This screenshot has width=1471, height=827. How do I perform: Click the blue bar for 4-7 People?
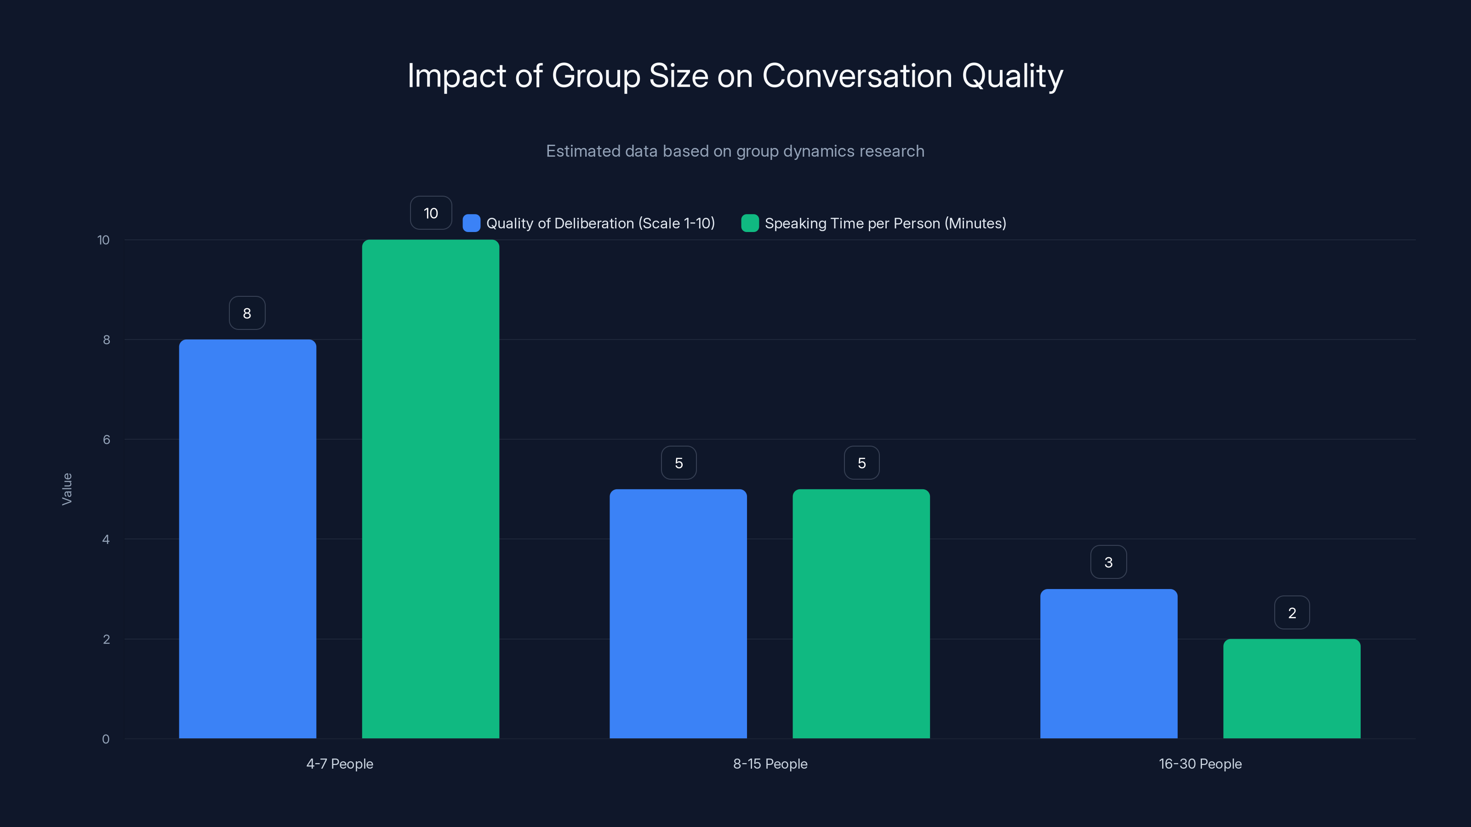[x=247, y=539]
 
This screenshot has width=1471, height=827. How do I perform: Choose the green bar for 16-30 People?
[x=1292, y=688]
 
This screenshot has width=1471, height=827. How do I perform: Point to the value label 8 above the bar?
[x=247, y=313]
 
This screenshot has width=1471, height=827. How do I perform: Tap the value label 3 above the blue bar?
[x=1108, y=562]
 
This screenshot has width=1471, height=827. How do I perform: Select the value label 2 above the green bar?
[x=1292, y=613]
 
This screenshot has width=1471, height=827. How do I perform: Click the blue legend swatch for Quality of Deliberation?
[x=471, y=223]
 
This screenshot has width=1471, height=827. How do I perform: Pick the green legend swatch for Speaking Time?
[x=750, y=223]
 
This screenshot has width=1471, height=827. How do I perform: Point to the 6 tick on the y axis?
[x=106, y=440]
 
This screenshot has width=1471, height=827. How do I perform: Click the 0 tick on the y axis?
[x=106, y=739]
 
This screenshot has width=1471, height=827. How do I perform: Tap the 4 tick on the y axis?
[x=106, y=539]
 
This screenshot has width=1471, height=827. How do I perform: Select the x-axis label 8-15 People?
[x=770, y=764]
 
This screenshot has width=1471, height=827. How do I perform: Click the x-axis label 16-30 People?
[x=1200, y=764]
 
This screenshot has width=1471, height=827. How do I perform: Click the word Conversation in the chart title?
[x=857, y=76]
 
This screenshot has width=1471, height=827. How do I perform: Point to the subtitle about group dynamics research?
[x=735, y=151]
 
